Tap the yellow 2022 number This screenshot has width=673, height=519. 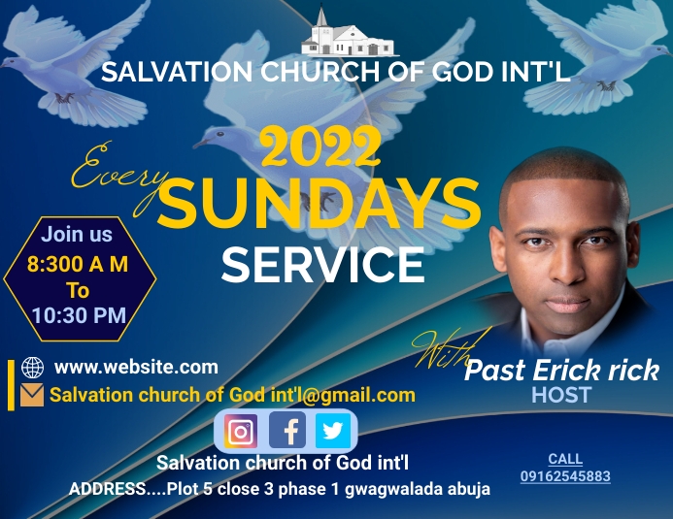320,148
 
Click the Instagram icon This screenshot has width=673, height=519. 241,431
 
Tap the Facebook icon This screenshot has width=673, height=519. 287,430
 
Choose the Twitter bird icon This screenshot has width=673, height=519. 332,431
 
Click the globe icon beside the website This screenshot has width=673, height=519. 32,368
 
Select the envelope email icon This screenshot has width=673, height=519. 32,395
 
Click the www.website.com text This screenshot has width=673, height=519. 136,367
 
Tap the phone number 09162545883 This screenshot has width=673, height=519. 565,476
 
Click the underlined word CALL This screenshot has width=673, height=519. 565,459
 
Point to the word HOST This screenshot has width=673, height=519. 561,395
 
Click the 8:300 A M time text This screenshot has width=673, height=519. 78,263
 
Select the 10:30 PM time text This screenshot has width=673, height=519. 79,314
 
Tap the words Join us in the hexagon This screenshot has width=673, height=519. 77,234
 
